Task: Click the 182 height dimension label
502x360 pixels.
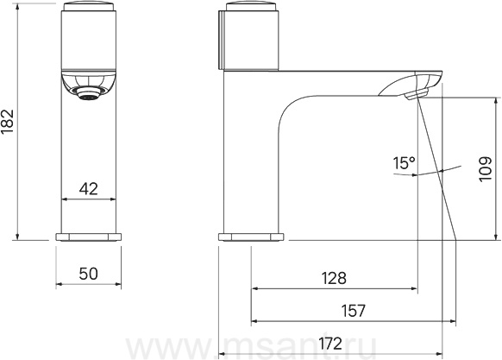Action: point(8,122)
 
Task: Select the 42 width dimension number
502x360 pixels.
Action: point(88,189)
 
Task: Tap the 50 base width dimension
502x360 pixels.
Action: point(88,274)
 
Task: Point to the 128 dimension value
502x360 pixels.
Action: point(334,278)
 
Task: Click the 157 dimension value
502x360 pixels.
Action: point(353,310)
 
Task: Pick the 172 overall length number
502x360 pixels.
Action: point(330,344)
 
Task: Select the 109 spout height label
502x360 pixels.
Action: point(486,169)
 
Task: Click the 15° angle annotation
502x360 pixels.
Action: point(404,163)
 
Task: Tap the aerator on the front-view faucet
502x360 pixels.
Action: point(88,93)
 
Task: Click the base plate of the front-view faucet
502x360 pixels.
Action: point(89,237)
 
